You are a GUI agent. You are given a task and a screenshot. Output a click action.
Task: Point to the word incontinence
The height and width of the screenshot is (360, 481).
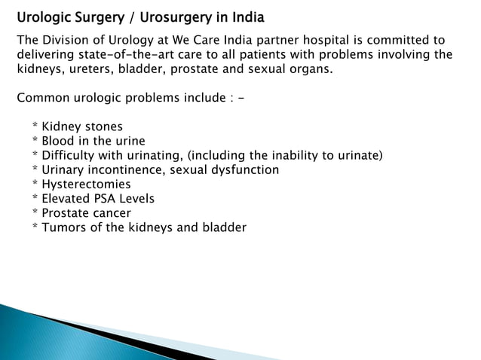pos(127,169)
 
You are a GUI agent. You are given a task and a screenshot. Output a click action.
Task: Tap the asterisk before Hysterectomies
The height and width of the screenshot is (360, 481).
pos(35,183)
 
